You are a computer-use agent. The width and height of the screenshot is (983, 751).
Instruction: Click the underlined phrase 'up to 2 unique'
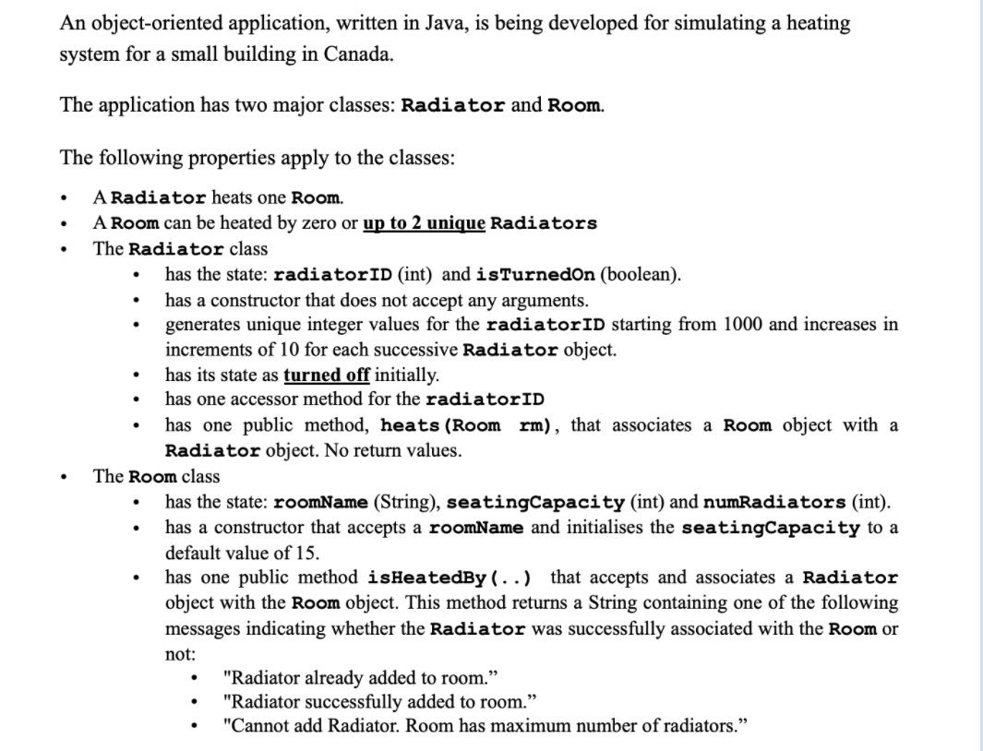[x=425, y=223]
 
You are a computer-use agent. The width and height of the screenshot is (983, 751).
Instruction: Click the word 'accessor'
[x=281, y=399]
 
